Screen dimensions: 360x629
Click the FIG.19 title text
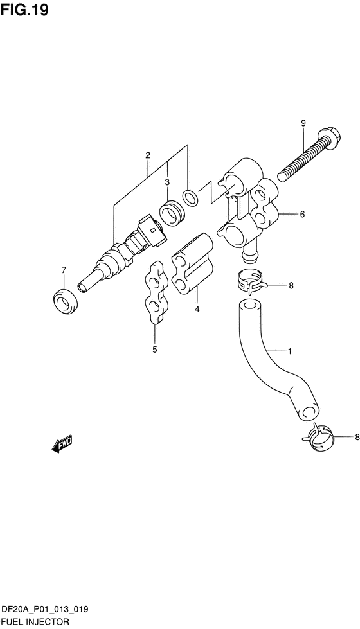tap(24, 10)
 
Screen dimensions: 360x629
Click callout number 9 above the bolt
tap(303, 123)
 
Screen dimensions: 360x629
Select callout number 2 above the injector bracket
tap(148, 155)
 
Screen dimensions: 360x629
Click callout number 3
tap(167, 182)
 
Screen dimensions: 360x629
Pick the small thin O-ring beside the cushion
tap(190, 198)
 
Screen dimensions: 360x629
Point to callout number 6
tap(302, 214)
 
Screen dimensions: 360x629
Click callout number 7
tap(63, 270)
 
